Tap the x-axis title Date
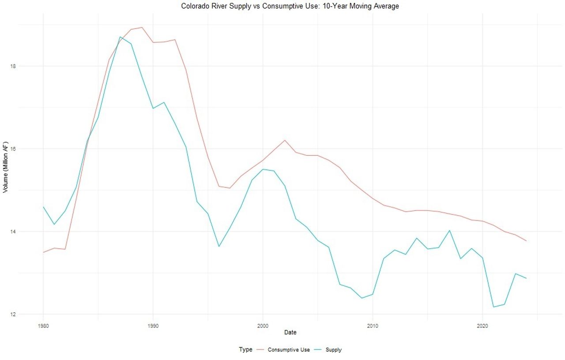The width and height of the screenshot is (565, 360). tap(290, 332)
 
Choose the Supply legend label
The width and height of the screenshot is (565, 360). tap(334, 350)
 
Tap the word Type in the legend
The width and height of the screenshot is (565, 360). tap(246, 350)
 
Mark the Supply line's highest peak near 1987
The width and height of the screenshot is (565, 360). tap(120, 37)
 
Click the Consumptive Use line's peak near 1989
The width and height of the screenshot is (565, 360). tap(142, 27)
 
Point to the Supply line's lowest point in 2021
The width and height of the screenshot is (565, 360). tap(493, 307)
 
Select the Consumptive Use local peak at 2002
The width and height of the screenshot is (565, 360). tap(285, 140)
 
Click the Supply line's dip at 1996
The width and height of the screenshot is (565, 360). tap(219, 246)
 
